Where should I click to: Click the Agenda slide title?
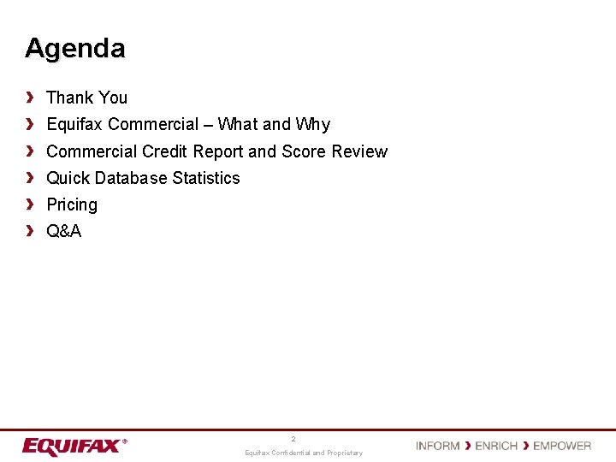(75, 48)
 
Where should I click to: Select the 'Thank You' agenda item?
(86, 98)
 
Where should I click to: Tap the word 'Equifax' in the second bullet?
(75, 125)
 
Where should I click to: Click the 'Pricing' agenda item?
(72, 204)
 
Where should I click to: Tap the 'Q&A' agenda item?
(64, 231)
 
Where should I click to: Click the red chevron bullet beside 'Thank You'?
(30, 98)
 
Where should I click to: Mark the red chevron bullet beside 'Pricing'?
(30, 204)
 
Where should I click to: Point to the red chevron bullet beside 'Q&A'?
(30, 231)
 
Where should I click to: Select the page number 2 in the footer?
(293, 439)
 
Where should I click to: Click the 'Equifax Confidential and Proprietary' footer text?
(304, 453)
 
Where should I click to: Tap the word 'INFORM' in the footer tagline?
(438, 446)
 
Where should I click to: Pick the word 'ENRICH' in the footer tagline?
(496, 446)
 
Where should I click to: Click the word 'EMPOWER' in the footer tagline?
(562, 446)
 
